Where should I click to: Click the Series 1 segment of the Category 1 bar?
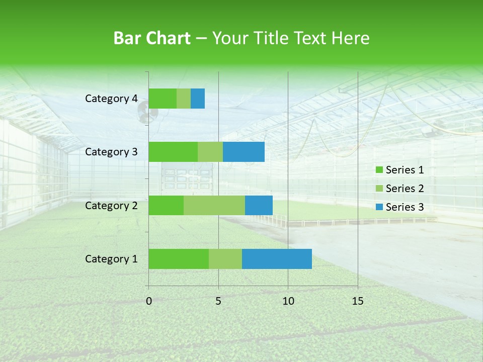(179, 259)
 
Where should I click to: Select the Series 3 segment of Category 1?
(277, 259)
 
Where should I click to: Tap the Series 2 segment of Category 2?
(214, 205)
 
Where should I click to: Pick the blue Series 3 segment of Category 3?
(244, 152)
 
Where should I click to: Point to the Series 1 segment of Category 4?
(163, 99)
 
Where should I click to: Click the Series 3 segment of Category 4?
(198, 99)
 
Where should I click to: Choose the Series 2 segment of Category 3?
(210, 152)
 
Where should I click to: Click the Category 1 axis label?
(111, 259)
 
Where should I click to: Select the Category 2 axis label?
(111, 205)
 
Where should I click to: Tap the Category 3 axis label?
(111, 152)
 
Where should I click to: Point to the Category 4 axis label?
(111, 99)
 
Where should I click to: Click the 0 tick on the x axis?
(149, 301)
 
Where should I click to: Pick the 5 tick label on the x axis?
(218, 301)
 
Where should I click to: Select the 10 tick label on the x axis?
(288, 301)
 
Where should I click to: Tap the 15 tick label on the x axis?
(358, 301)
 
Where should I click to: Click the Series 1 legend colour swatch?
(379, 170)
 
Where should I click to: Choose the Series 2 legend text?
(405, 189)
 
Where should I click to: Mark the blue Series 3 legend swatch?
(379, 207)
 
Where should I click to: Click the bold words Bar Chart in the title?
(152, 38)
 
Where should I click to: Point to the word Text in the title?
(311, 38)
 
